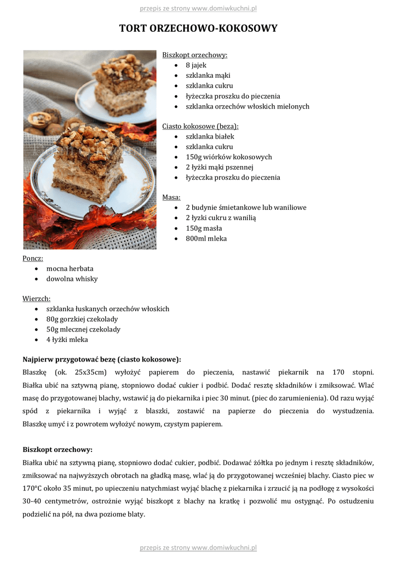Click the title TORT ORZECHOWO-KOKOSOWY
click(198, 28)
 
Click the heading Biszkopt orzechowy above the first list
click(194, 55)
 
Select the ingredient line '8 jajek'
click(195, 65)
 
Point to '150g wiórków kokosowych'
click(228, 157)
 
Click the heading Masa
click(171, 197)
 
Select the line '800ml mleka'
click(206, 239)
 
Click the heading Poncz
click(33, 259)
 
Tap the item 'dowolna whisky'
click(72, 279)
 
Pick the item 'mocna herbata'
click(70, 268)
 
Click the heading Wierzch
click(37, 299)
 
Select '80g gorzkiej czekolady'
click(82, 319)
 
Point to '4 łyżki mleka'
click(67, 340)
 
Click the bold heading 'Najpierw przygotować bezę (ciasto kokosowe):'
click(101, 360)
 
